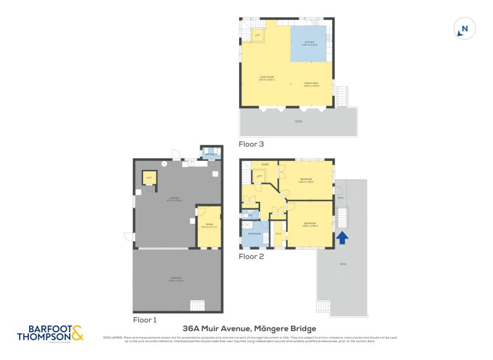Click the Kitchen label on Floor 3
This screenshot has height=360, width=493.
tap(309, 43)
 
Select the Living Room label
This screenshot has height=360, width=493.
tap(266, 78)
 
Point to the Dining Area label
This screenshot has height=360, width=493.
tap(311, 84)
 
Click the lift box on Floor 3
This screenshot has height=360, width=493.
tap(258, 36)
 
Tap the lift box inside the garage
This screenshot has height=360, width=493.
tap(149, 178)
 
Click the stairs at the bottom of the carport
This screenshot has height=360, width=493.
tap(197, 305)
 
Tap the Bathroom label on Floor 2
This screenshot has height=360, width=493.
tap(254, 234)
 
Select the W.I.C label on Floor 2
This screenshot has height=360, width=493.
tap(279, 234)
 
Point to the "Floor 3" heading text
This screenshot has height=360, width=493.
tap(251, 144)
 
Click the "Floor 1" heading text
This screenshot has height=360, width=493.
tap(145, 320)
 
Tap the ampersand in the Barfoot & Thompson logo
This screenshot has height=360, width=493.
tap(77, 333)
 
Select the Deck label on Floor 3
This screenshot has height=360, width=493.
tap(298, 121)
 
